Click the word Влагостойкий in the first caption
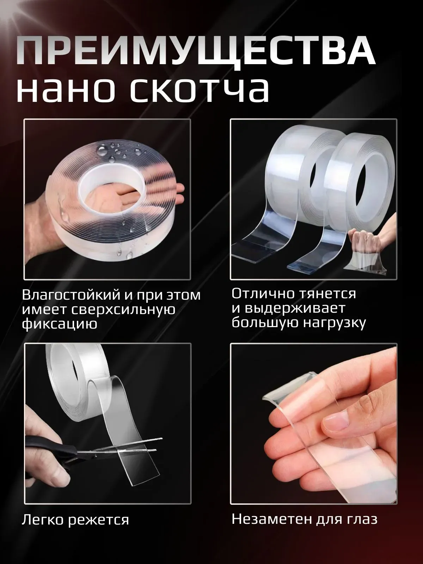pos(67,295)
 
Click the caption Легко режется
pos(75,520)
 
